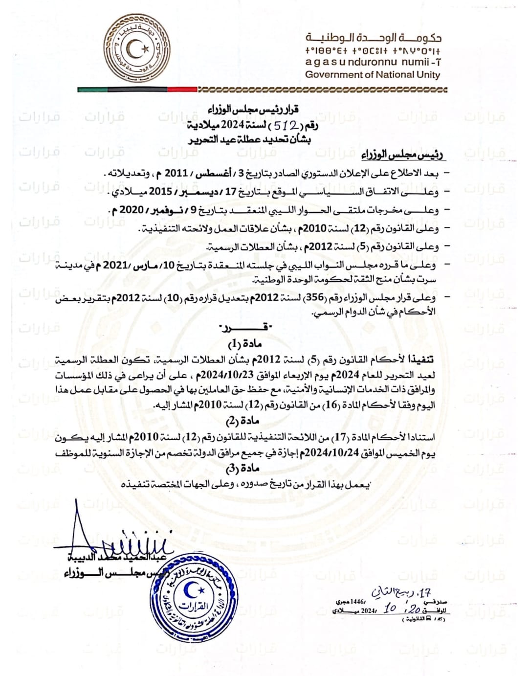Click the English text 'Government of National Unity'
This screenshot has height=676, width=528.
point(373,75)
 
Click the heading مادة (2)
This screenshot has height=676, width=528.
point(243,421)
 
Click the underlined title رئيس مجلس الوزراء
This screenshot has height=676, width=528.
point(402,156)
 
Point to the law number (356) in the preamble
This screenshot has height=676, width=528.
point(314,297)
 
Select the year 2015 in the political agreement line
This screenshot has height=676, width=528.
point(160,192)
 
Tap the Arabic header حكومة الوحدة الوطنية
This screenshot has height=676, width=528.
point(373,38)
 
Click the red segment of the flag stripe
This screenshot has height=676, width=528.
point(182,90)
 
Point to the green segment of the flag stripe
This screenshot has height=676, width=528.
point(92,90)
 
